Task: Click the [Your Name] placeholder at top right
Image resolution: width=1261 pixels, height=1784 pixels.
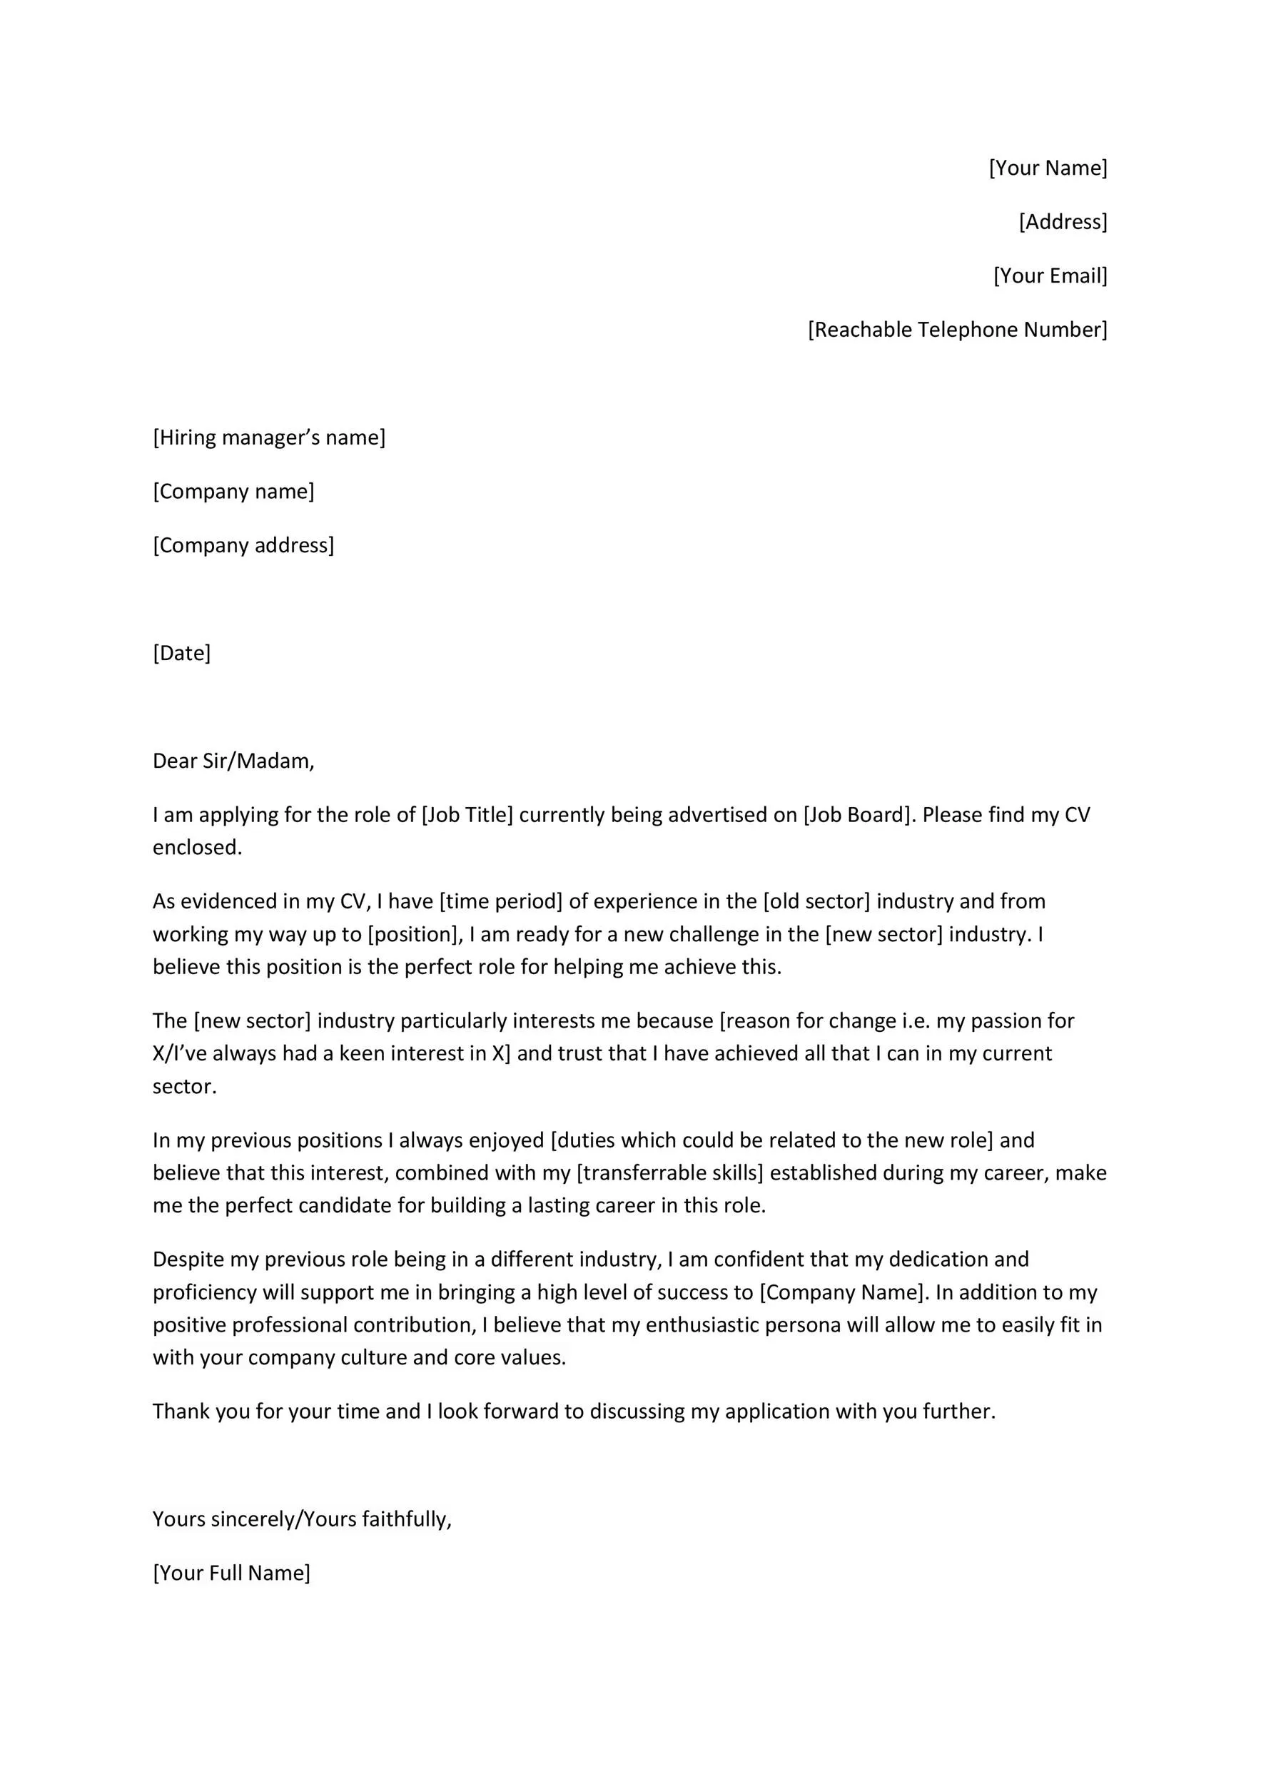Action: point(1048,168)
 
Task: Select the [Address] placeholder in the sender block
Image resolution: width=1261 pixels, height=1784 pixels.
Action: point(1062,222)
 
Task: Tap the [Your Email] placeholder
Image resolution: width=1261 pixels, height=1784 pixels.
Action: point(1050,276)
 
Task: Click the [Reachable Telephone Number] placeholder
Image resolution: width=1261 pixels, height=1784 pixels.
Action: point(957,330)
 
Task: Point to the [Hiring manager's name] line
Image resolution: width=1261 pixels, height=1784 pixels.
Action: point(269,437)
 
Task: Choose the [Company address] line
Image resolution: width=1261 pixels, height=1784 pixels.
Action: point(243,545)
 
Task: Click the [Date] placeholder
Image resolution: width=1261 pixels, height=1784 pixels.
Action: point(181,653)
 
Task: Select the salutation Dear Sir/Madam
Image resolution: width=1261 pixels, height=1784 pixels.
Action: point(233,761)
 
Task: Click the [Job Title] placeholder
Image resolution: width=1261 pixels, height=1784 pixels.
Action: point(467,814)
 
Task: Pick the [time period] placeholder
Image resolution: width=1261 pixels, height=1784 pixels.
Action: point(500,901)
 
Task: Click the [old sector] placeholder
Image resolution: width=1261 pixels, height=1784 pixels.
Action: point(816,901)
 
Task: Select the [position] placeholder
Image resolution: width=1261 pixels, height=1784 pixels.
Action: point(415,934)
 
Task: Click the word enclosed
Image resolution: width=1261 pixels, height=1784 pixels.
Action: point(198,848)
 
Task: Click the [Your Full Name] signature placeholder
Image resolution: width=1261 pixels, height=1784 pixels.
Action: point(231,1573)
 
